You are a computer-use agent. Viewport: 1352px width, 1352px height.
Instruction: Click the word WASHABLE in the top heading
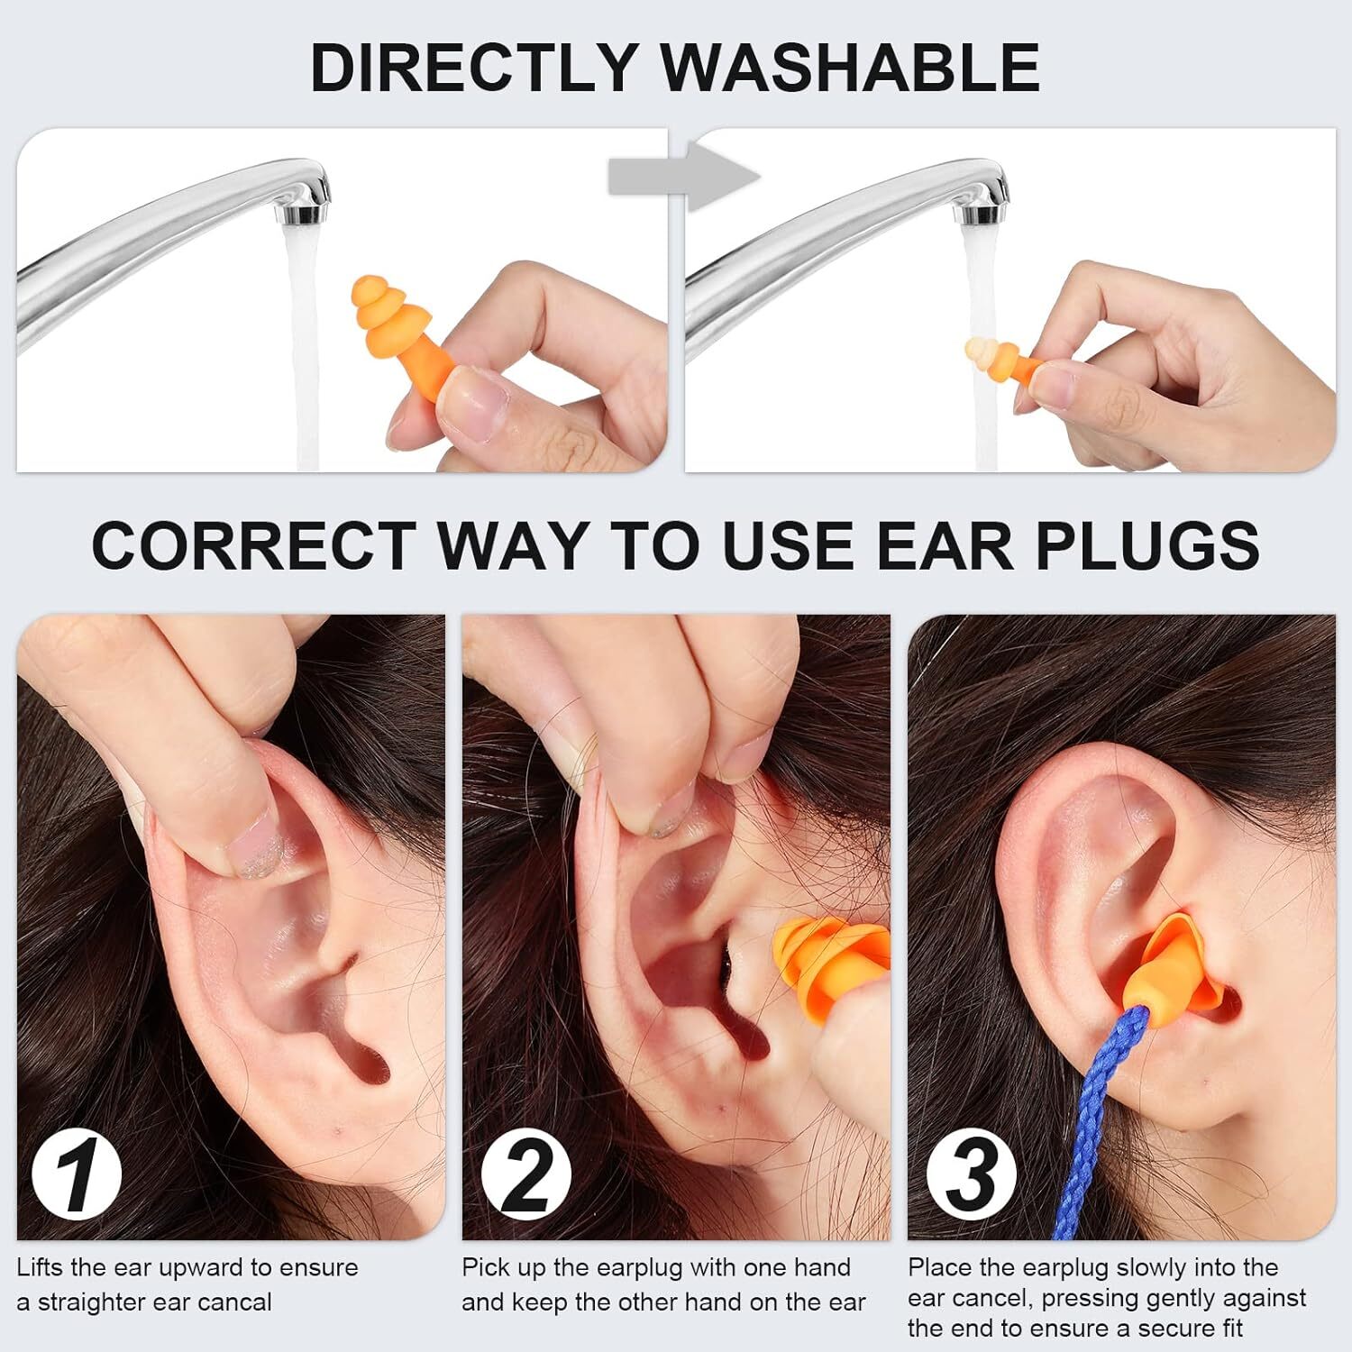point(850,68)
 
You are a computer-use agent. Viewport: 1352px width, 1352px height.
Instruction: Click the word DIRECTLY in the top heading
point(473,68)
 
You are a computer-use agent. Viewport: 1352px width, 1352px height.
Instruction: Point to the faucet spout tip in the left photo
point(305,213)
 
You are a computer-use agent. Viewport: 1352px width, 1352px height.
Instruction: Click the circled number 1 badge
point(78,1174)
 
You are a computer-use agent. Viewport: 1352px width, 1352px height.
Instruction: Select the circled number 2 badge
point(525,1174)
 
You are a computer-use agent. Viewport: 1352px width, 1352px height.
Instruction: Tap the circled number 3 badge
point(971,1174)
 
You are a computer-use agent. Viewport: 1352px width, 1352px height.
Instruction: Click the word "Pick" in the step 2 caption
point(486,1268)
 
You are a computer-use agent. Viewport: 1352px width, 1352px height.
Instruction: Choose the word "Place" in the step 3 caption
point(939,1268)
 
